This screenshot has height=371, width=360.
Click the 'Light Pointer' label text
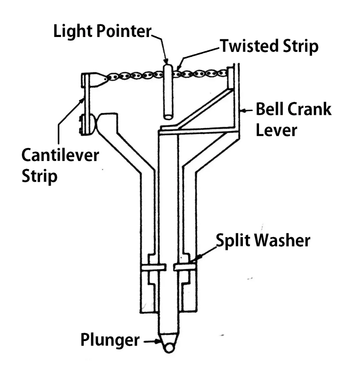coord(102,31)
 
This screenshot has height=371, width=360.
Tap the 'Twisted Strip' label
coord(269,46)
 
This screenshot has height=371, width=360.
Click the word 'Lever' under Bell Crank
coord(276,130)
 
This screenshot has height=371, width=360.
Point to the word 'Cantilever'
coord(60,155)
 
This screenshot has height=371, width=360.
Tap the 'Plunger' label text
coord(110,340)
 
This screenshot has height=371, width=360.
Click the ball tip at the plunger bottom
coord(169,348)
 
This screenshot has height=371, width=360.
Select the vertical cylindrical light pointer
coord(168,92)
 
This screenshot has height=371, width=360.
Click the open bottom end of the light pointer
coord(168,116)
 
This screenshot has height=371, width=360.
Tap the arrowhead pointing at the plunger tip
coord(158,341)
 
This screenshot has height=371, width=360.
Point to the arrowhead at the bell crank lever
coord(242,110)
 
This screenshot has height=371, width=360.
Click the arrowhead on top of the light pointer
coord(166,61)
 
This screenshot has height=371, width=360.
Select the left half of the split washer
coord(153,267)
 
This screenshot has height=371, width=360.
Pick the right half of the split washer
coord(185,267)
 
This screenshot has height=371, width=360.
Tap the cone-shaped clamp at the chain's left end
coord(97,79)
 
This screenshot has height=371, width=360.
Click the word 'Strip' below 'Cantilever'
coord(39,177)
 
